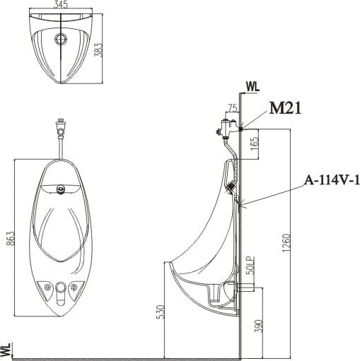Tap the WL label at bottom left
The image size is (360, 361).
click(7, 349)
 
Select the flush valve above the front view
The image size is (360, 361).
click(62, 130)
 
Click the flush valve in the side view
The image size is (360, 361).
click(226, 128)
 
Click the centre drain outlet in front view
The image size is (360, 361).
click(62, 288)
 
